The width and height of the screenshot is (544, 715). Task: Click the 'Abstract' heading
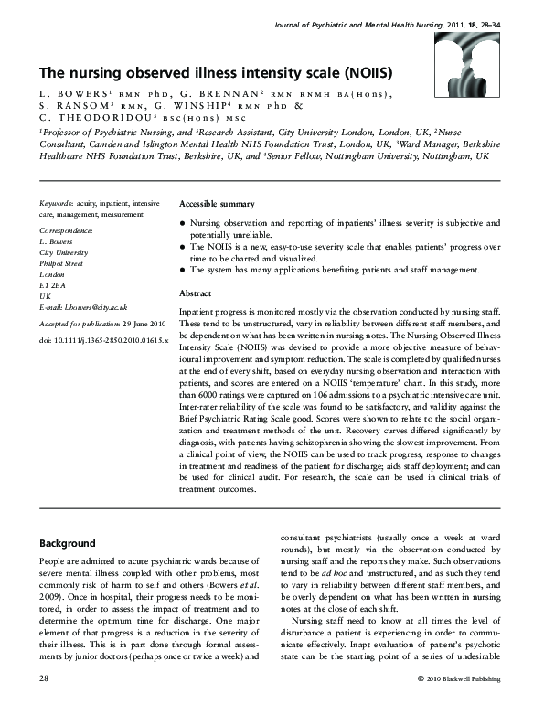click(x=195, y=294)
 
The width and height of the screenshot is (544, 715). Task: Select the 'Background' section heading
click(x=68, y=542)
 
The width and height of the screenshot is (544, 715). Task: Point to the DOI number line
click(x=104, y=340)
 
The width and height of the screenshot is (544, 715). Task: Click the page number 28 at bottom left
click(x=44, y=704)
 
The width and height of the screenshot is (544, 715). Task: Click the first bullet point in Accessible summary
click(x=184, y=223)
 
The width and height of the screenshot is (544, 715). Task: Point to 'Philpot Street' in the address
click(x=61, y=263)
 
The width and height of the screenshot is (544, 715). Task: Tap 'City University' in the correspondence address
click(x=63, y=252)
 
